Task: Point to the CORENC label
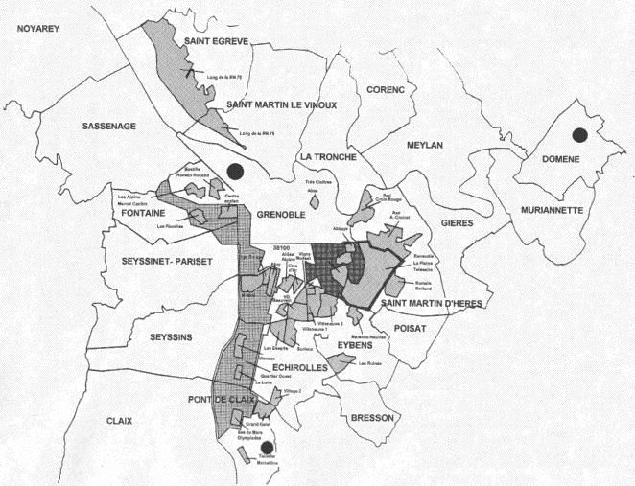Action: click(384, 89)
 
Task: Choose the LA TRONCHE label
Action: click(328, 156)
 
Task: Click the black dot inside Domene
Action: click(578, 136)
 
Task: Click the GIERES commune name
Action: click(458, 222)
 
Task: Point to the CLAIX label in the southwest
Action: click(119, 420)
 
